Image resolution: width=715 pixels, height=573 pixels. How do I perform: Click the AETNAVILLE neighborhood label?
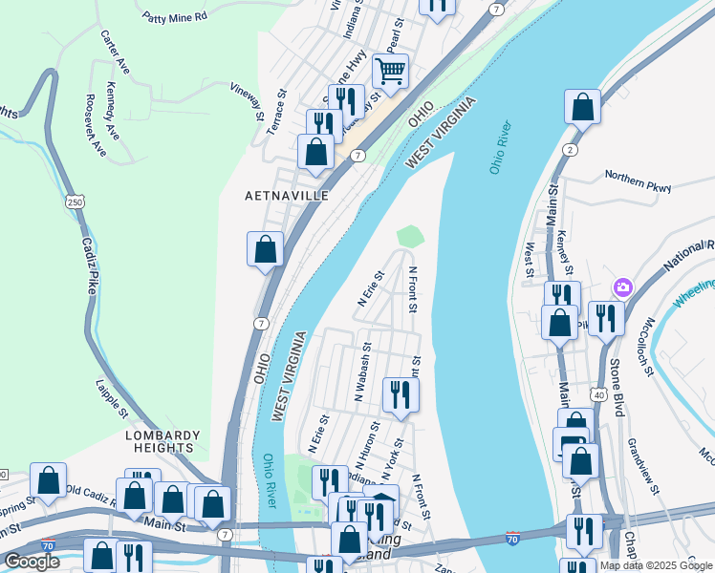(x=287, y=196)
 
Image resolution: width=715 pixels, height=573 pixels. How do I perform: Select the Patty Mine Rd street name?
(x=174, y=16)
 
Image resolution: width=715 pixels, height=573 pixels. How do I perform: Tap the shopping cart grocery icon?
(x=390, y=70)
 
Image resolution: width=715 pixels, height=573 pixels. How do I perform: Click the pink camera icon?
(x=623, y=286)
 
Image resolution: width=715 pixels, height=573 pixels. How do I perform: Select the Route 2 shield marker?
(x=571, y=150)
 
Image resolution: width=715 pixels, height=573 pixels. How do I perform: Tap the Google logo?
(x=31, y=562)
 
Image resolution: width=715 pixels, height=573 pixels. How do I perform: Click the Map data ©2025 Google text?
(x=655, y=565)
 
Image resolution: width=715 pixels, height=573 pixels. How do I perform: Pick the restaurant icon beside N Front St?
(x=401, y=393)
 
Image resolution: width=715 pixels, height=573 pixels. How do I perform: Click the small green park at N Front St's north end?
(x=409, y=235)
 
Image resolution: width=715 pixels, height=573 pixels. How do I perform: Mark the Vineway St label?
(x=248, y=101)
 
